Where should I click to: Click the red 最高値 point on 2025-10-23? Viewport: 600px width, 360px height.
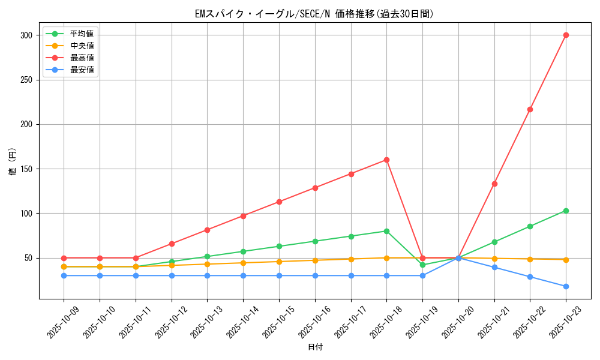566,35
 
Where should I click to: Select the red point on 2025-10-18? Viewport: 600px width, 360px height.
386,160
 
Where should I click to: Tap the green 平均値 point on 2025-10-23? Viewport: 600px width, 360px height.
566,211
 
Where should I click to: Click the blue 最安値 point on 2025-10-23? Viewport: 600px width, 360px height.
566,286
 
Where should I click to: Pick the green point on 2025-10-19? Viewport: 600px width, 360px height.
422,265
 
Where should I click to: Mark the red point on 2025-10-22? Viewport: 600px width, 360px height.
530,109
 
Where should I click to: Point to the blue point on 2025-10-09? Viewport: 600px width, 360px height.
64,275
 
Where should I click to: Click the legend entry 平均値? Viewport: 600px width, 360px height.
82,34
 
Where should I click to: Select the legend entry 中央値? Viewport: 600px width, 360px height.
82,46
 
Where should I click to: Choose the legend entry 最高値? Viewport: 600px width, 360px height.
82,58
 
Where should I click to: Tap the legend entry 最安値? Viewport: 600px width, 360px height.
82,70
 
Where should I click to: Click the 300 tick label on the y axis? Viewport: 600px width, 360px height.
26,35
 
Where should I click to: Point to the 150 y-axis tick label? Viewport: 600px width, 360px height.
26,169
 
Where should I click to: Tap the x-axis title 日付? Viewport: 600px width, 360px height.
315,347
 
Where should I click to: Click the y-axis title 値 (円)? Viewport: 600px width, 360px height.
13,162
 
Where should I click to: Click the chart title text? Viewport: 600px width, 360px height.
314,14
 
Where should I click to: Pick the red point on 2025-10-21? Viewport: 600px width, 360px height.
494,184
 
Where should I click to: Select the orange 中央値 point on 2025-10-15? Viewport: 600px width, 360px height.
279,262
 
